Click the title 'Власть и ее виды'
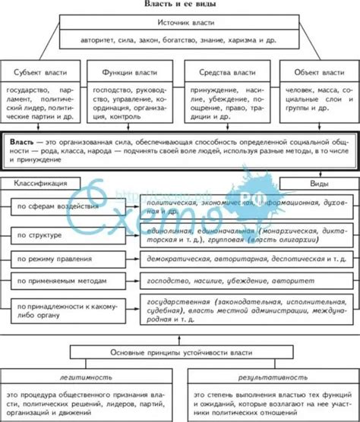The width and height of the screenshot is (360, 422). [179, 5]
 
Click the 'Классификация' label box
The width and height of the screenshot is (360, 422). [43, 184]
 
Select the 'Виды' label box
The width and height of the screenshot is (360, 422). [313, 184]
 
